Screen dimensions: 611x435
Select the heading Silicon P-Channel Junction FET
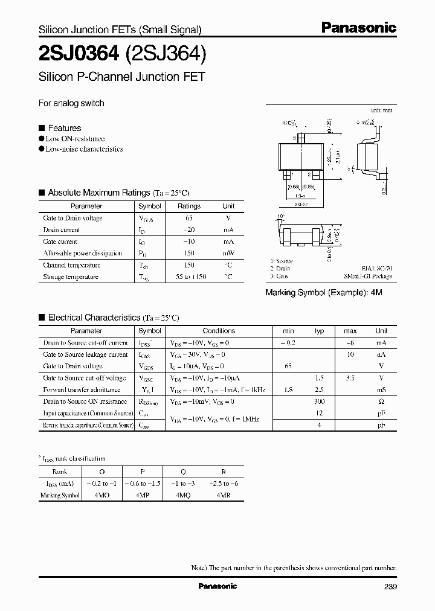click(x=122, y=77)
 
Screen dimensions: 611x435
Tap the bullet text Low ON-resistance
click(x=75, y=138)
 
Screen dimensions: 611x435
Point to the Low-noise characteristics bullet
click(x=84, y=149)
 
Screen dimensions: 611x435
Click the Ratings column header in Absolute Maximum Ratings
click(x=188, y=206)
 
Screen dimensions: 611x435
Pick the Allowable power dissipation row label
click(x=82, y=253)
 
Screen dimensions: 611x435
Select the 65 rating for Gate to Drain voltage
click(x=188, y=218)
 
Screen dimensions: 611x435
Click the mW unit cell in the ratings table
click(x=228, y=253)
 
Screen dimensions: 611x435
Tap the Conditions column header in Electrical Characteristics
click(x=219, y=331)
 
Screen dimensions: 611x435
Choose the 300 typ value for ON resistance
click(x=320, y=401)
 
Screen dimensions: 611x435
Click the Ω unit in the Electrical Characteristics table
click(x=381, y=401)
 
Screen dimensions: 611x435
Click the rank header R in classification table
click(x=224, y=472)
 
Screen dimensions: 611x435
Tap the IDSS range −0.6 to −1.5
click(x=143, y=484)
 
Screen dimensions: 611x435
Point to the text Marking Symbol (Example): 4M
click(x=324, y=292)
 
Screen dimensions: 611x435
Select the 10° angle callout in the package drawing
click(x=280, y=216)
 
